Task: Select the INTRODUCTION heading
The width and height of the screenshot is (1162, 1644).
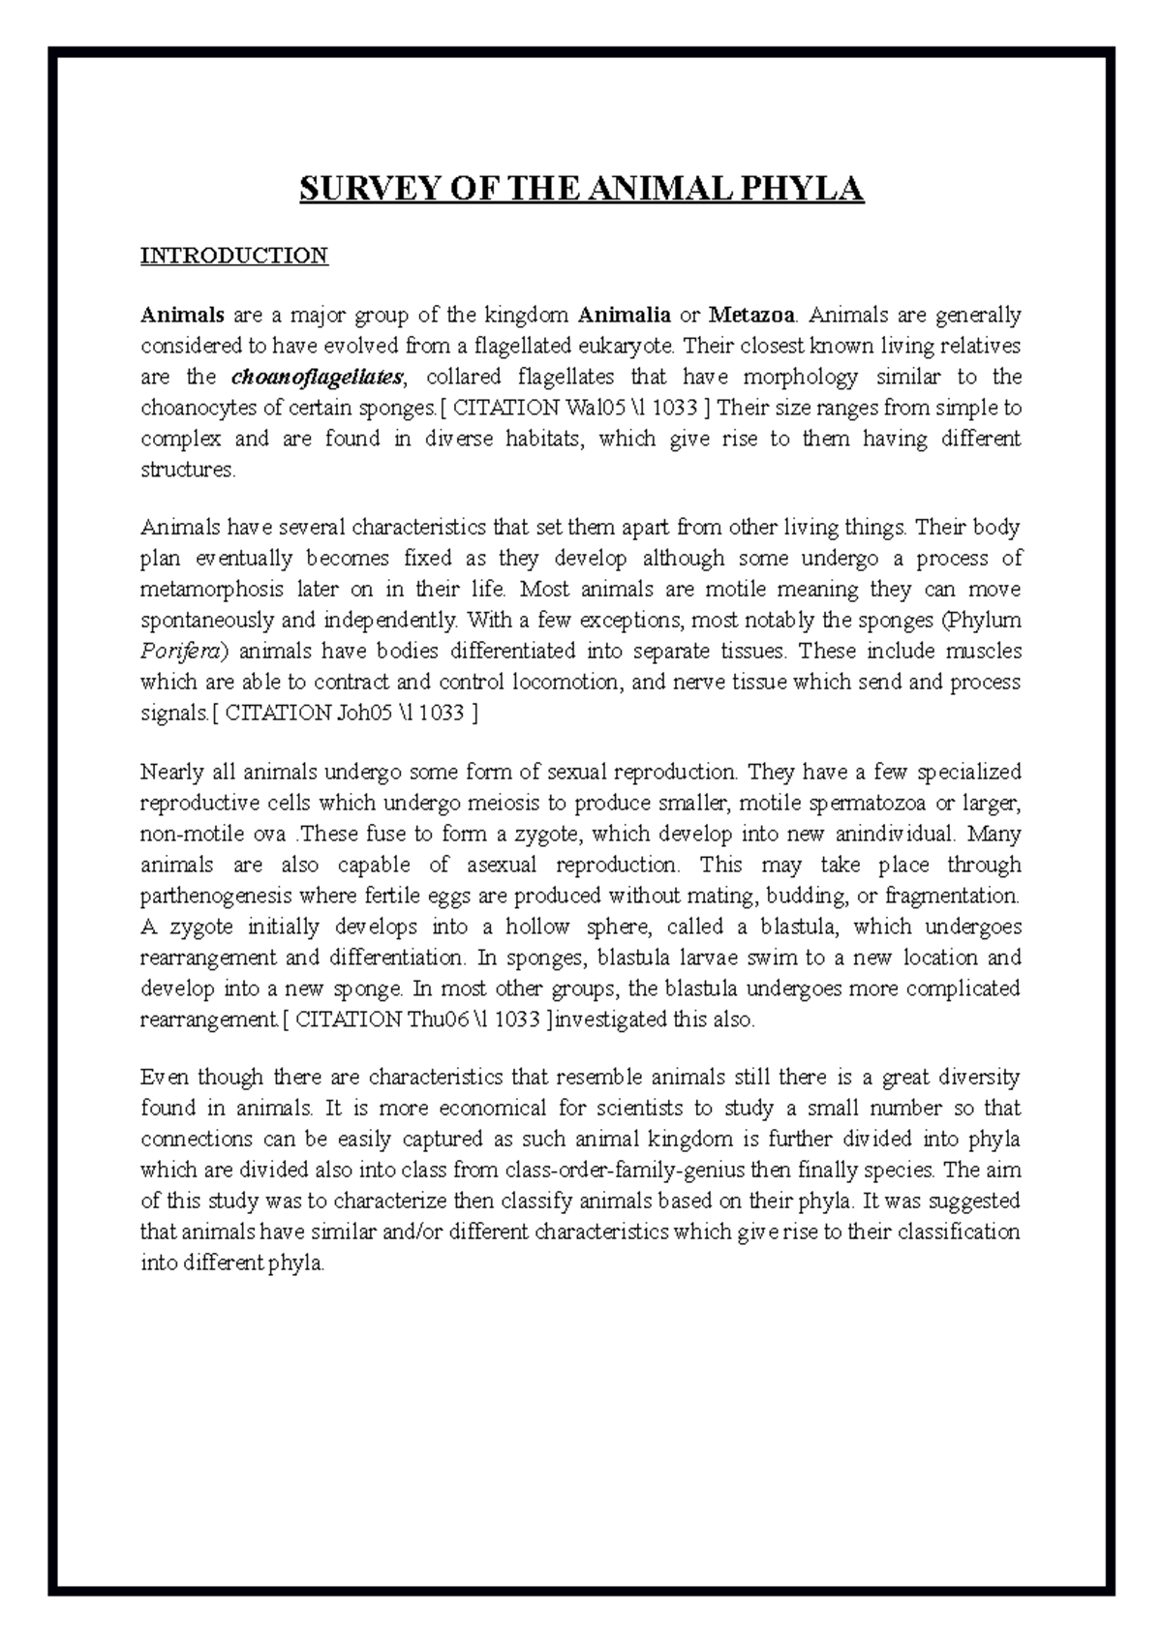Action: tap(234, 256)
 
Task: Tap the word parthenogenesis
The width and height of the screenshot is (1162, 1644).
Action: tap(218, 896)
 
